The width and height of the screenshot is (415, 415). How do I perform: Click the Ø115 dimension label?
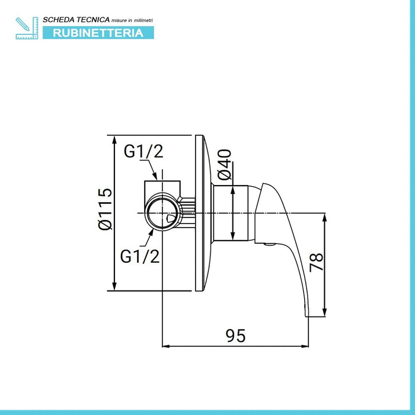105,209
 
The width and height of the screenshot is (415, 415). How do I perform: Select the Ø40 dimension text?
224,165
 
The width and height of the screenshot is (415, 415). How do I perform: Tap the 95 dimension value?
235,336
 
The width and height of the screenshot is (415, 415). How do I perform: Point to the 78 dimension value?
317,262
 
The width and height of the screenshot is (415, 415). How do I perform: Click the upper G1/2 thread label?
143,151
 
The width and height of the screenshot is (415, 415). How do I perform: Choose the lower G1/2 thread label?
140,256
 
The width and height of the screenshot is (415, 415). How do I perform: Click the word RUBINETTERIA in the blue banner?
98,33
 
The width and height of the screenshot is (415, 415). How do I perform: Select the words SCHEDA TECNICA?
76,20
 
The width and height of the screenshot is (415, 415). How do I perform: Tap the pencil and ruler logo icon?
27,28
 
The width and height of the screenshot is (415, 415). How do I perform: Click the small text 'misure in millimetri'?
132,20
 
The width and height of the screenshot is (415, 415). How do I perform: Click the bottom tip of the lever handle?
307,316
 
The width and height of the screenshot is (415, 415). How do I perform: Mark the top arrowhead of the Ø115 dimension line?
114,139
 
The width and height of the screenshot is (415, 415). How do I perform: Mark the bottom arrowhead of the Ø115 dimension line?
114,287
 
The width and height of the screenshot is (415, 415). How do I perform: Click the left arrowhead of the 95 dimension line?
165,346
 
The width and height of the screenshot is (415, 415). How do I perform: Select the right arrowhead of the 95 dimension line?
305,346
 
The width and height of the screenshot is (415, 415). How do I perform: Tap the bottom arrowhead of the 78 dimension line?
325,313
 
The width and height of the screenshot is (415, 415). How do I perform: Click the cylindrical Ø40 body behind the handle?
231,213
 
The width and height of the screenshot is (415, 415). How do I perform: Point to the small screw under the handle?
269,244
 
